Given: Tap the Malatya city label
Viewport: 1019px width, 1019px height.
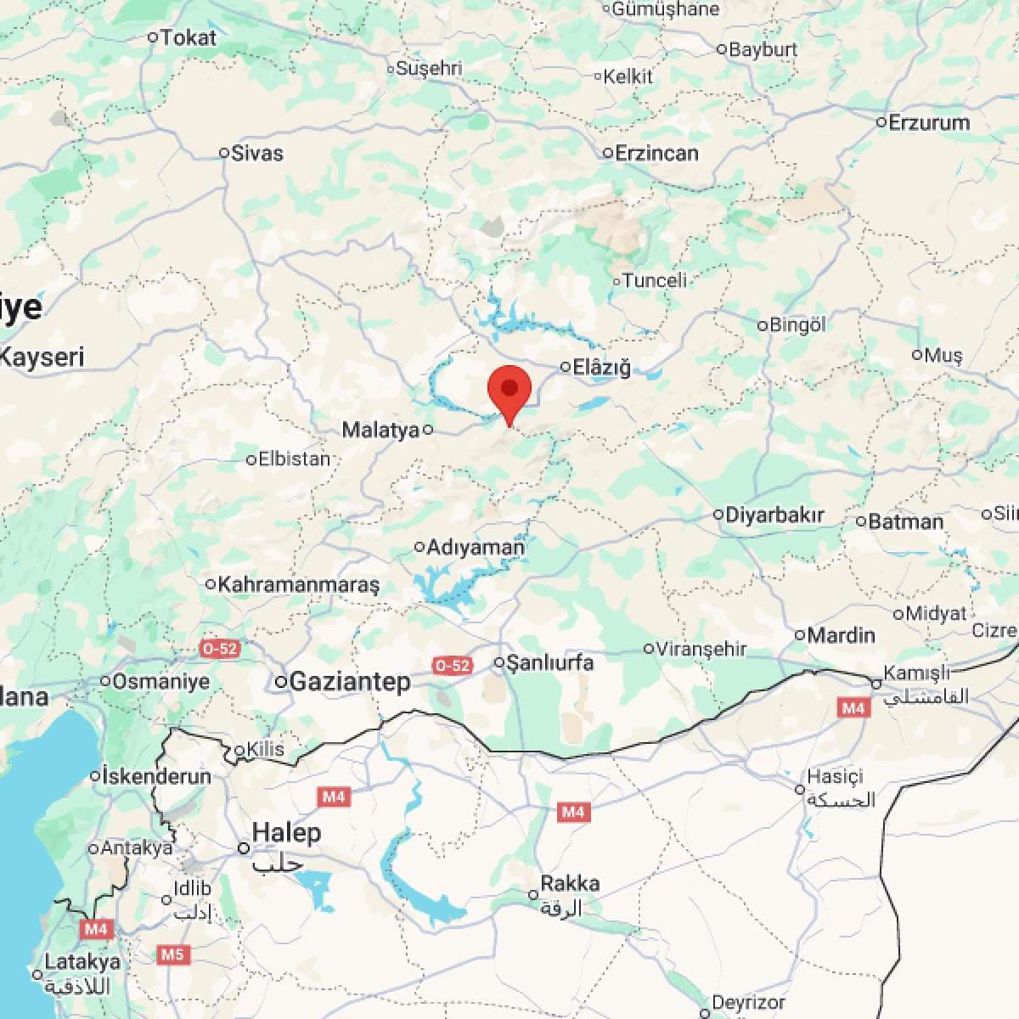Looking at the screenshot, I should [x=380, y=430].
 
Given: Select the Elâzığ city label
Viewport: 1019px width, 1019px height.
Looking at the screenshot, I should [x=601, y=368].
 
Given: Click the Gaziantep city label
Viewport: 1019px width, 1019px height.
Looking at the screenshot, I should [x=349, y=681].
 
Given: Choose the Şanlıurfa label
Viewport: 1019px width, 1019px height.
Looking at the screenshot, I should [x=549, y=662].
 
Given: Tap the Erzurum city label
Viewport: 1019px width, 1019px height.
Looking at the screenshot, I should [x=928, y=122].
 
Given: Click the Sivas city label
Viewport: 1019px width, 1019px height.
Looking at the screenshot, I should [x=257, y=154].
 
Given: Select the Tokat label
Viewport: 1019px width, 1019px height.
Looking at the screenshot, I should [x=188, y=37].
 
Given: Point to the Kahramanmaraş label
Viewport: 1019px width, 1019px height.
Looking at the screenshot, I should [x=298, y=584].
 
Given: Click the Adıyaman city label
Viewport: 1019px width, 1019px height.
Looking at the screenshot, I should [x=476, y=548].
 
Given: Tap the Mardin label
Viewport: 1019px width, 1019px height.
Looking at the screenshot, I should [x=841, y=635].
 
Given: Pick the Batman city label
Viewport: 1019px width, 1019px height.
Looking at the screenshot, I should [x=905, y=521].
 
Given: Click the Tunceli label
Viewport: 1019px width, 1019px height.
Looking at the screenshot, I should [x=654, y=280].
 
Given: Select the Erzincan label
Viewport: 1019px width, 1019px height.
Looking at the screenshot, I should [x=656, y=154].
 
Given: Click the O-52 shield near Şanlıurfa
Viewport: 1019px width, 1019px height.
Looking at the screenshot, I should [x=452, y=666].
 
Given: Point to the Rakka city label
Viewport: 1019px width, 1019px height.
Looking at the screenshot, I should [x=570, y=883].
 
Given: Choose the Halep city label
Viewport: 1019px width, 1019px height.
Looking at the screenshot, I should [x=286, y=833].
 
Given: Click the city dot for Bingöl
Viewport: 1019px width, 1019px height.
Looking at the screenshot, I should [x=763, y=325].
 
